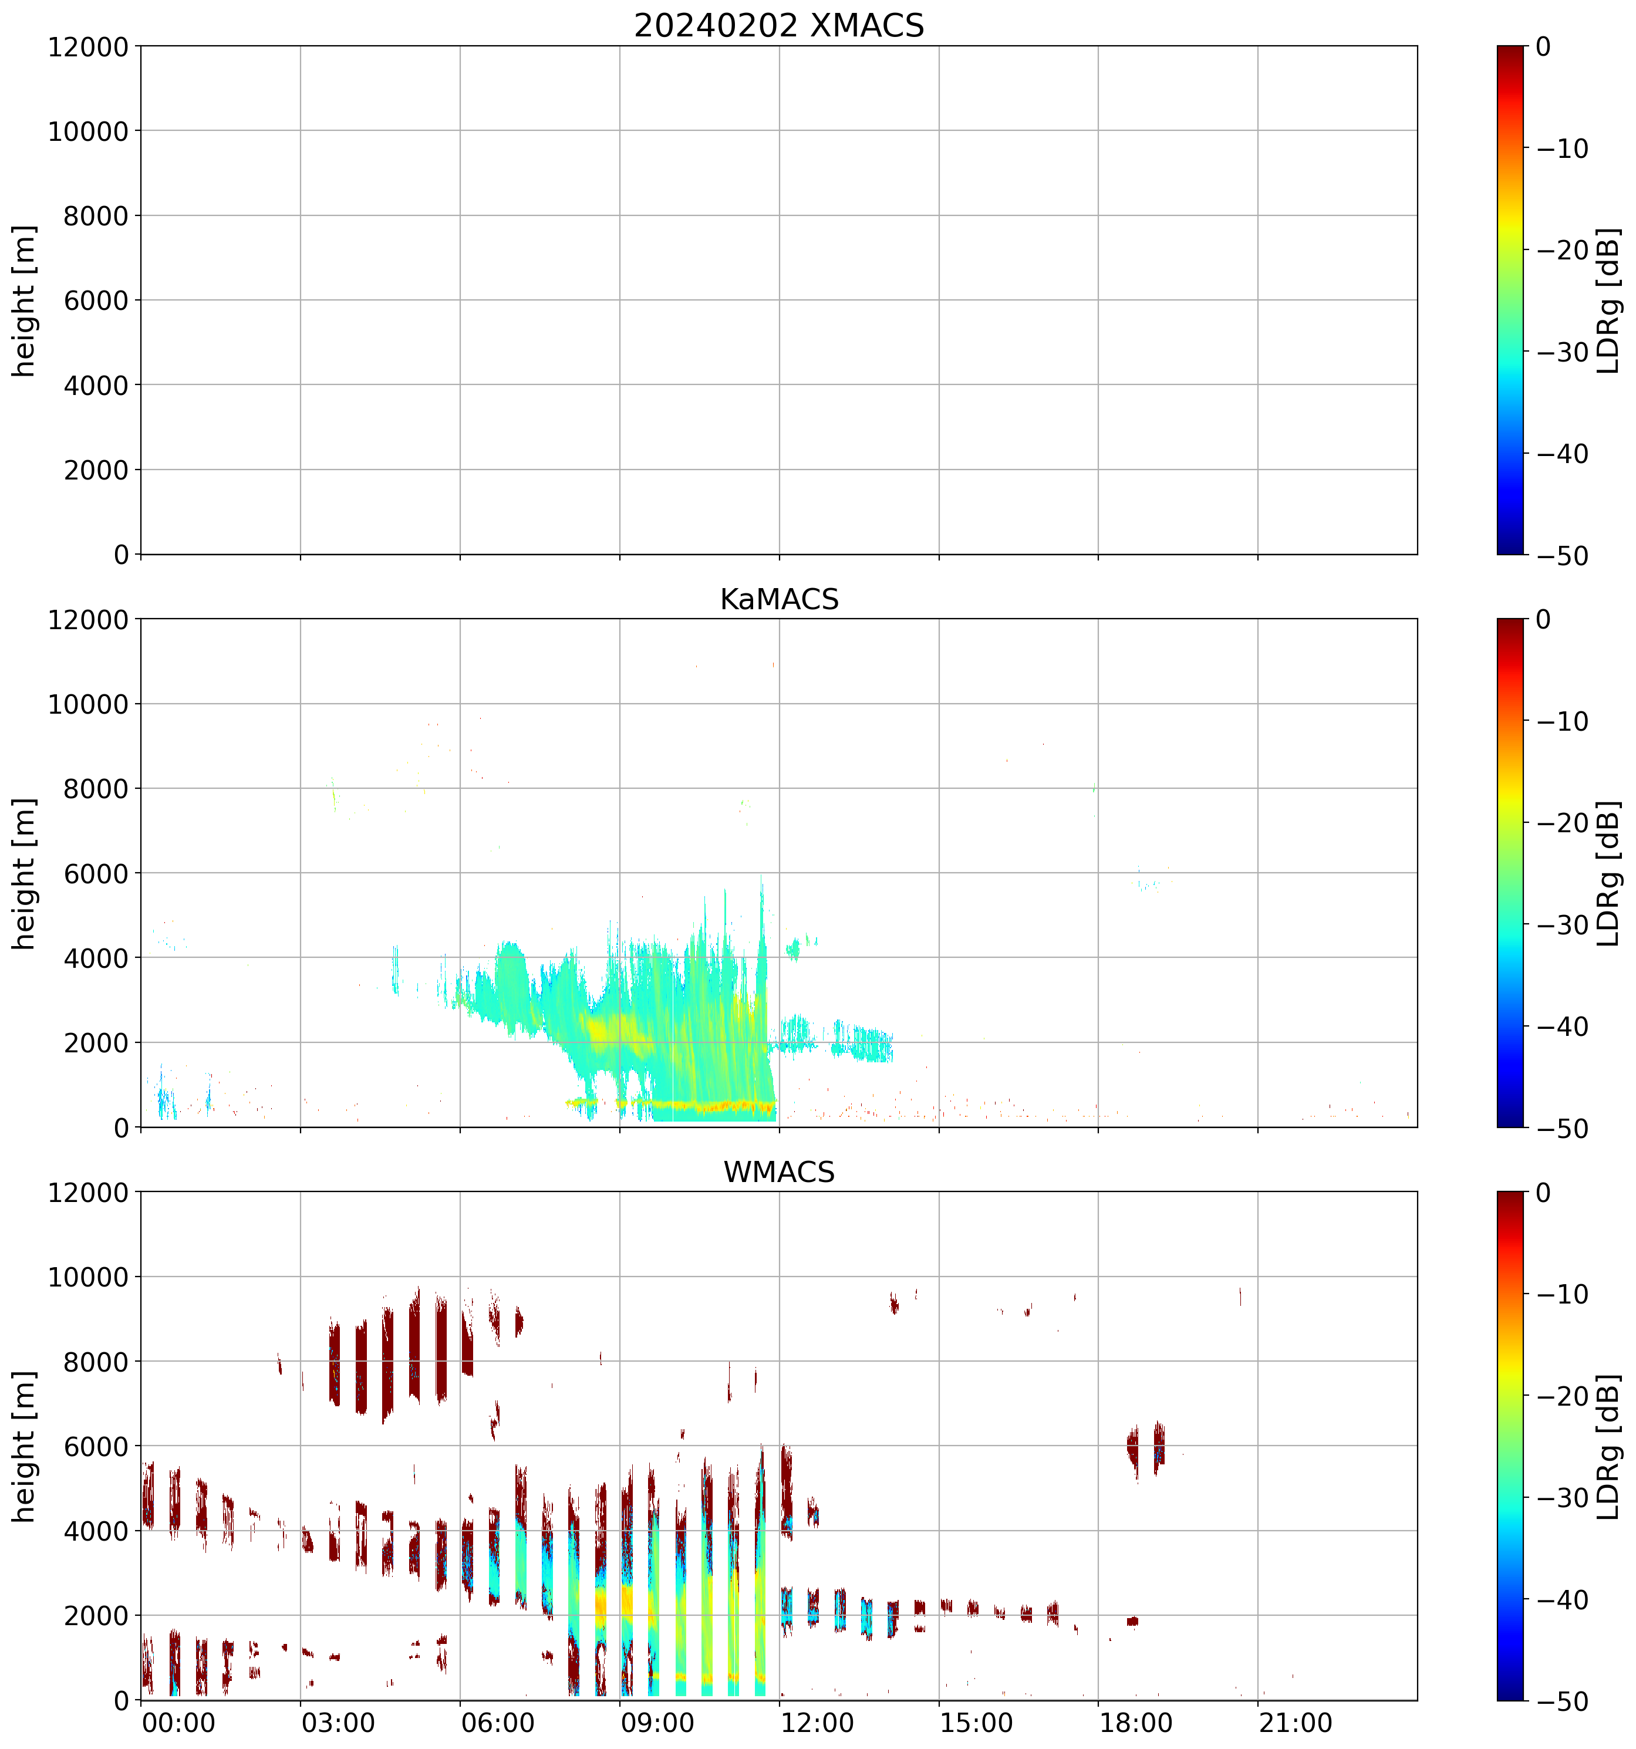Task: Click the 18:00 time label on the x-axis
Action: coord(1135,1723)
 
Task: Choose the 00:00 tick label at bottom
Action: coord(178,1723)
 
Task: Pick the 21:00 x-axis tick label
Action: coord(1294,1723)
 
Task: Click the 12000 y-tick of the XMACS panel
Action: coord(88,46)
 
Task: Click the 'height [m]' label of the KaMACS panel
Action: coord(25,874)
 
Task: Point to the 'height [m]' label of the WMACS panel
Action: coord(25,1446)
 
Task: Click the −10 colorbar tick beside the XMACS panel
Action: coord(1562,148)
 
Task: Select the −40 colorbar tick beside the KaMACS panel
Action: coord(1562,1027)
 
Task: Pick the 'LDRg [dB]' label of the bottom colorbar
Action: coord(1607,1446)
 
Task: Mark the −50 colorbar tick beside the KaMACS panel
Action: coord(1562,1129)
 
